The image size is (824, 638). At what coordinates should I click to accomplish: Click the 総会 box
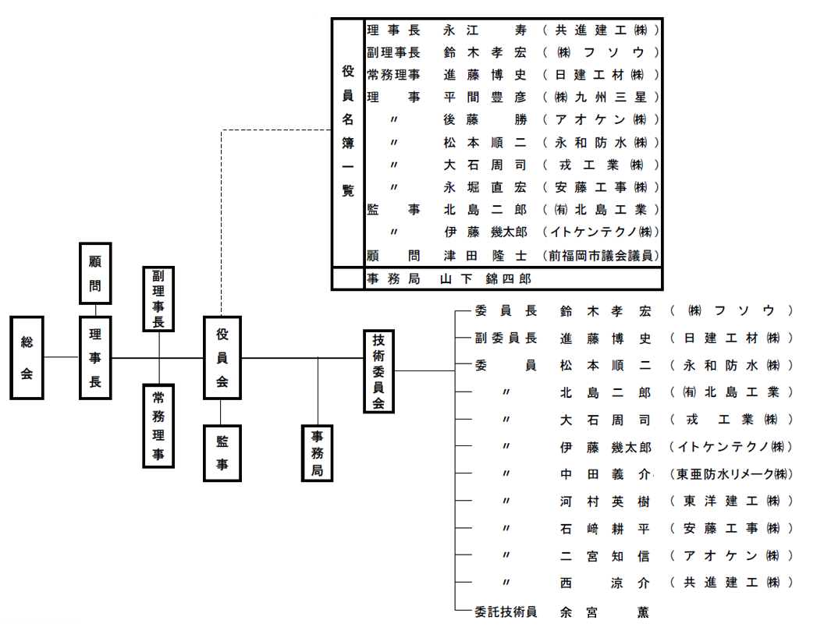tap(27, 358)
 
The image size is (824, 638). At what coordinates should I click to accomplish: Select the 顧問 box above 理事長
tap(96, 273)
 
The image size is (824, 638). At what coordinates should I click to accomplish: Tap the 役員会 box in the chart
tap(222, 358)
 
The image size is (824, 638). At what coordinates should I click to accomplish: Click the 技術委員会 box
tap(379, 371)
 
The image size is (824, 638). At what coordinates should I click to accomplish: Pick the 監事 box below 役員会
tap(222, 453)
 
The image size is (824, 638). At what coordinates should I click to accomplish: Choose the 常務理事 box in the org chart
tap(159, 425)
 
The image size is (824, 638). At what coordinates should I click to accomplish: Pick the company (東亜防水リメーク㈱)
tap(731, 474)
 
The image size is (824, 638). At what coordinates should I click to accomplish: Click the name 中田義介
tap(605, 474)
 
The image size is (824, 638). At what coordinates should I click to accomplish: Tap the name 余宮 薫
tap(605, 612)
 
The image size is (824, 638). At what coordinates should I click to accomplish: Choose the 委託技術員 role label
tap(506, 612)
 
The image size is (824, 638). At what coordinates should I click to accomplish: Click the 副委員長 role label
tap(506, 338)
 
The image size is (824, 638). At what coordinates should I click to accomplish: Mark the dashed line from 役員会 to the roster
tap(222, 218)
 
